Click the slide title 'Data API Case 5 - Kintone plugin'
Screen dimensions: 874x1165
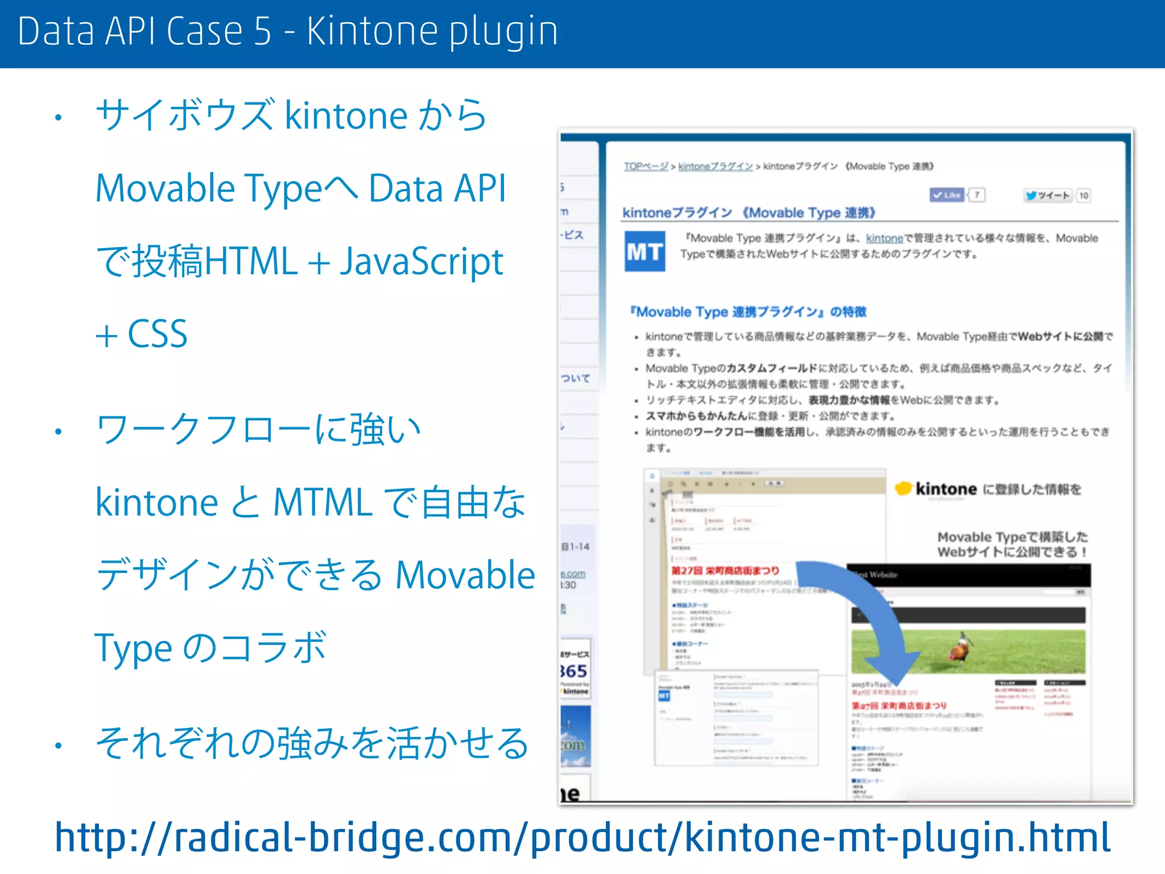(287, 31)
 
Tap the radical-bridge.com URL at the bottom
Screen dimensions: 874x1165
(581, 837)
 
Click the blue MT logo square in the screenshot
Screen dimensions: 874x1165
(645, 251)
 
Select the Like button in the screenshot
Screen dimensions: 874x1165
(947, 195)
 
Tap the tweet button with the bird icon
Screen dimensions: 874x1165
(1048, 196)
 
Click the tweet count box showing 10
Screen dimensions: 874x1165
(1084, 196)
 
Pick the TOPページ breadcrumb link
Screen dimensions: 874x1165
(646, 166)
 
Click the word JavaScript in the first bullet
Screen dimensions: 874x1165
(422, 262)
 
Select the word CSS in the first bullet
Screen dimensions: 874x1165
(158, 334)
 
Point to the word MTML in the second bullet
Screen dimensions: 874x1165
(323, 503)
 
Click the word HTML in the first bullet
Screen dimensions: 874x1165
(251, 262)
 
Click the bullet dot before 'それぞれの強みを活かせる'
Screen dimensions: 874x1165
(58, 745)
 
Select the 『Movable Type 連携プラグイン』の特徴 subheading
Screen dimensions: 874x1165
(748, 312)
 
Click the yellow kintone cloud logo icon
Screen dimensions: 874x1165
(903, 489)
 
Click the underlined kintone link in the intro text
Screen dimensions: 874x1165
(884, 238)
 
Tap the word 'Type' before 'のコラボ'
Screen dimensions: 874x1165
(133, 649)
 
